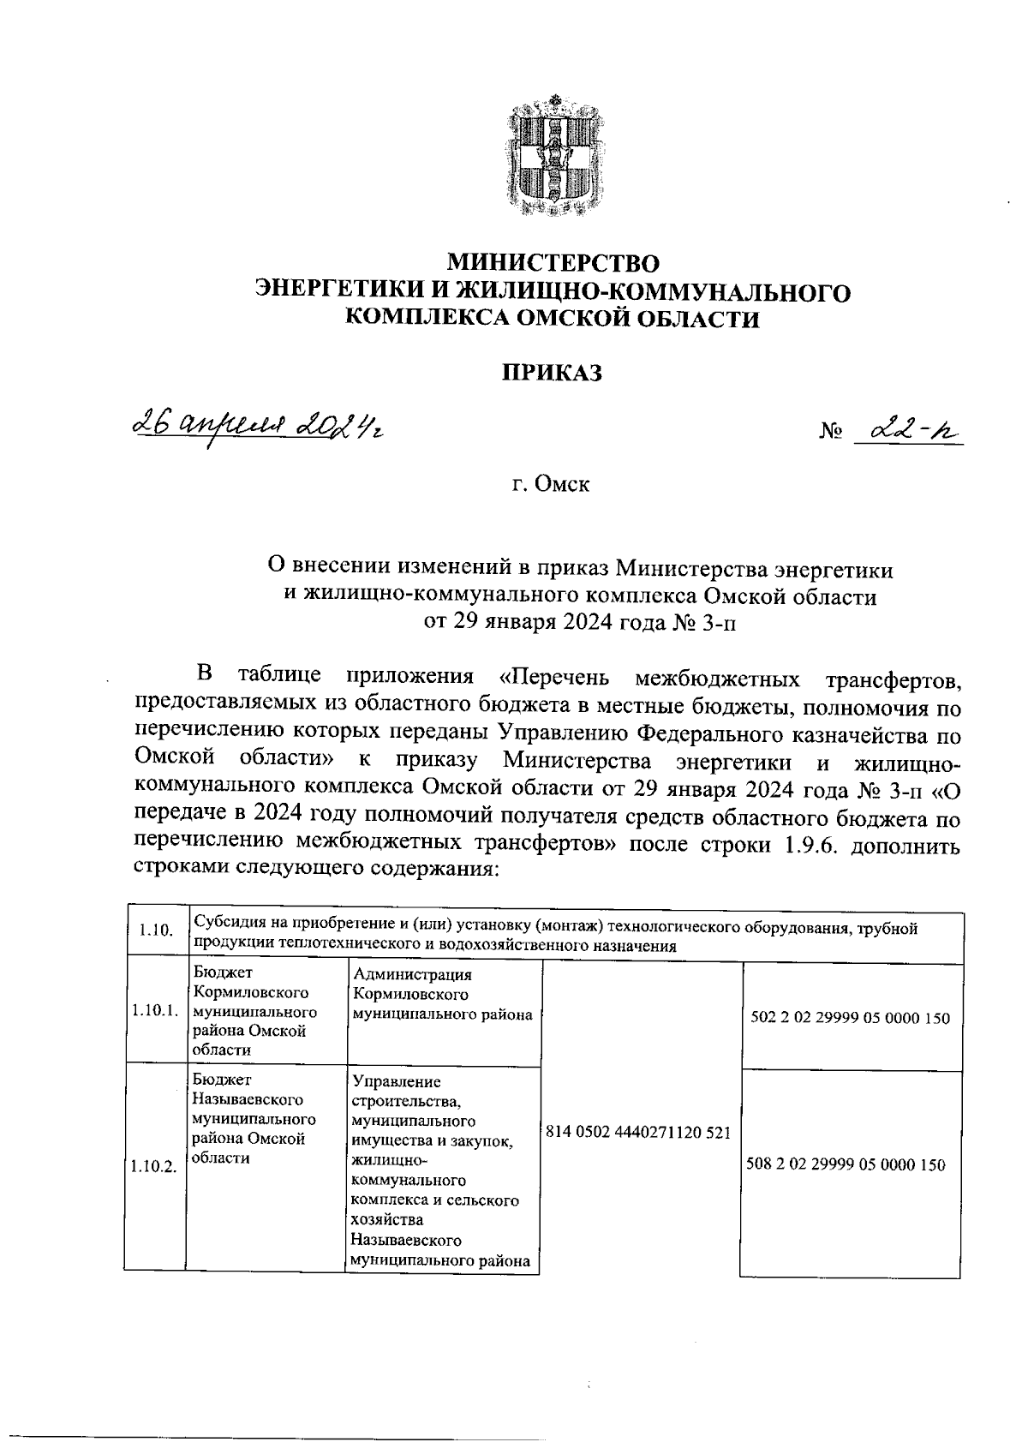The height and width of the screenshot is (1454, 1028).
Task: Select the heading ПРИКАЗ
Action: (x=553, y=373)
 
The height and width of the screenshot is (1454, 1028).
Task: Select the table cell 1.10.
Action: (x=155, y=930)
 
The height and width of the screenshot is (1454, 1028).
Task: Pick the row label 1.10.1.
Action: (x=155, y=1011)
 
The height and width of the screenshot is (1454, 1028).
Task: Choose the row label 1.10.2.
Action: (x=155, y=1166)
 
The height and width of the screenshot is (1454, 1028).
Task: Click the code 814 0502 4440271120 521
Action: (x=638, y=1132)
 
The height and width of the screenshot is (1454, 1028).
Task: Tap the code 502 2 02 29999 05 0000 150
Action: (x=850, y=1019)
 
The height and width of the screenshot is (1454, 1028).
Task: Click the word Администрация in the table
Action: (x=412, y=975)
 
